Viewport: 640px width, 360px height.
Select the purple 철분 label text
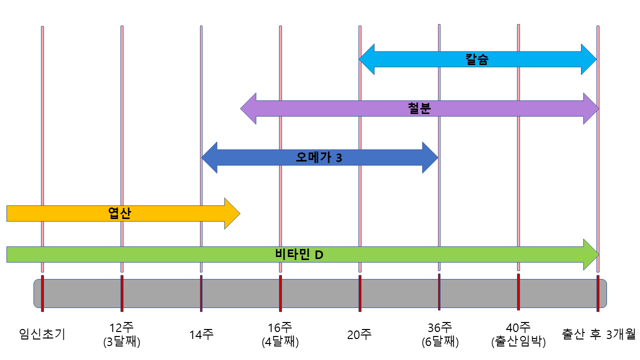[419, 108]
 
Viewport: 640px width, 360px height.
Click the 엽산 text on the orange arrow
[119, 213]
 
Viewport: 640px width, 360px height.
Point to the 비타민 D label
[299, 254]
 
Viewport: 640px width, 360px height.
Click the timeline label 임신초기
[42, 333]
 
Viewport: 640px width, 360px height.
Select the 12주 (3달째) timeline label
[121, 335]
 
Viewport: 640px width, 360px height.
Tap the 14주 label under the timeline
[201, 333]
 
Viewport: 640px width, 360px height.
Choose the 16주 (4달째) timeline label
[280, 335]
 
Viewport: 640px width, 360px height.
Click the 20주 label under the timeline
[359, 333]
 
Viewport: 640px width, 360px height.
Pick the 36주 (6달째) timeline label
[439, 335]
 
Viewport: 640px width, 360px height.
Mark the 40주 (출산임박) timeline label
[518, 335]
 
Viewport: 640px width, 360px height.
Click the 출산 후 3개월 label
[598, 333]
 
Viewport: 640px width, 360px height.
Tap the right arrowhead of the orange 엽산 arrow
[232, 213]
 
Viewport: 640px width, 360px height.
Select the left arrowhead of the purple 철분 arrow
[248, 108]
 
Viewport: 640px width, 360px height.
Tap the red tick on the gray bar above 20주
[360, 293]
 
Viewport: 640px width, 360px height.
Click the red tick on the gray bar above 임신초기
[42, 293]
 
